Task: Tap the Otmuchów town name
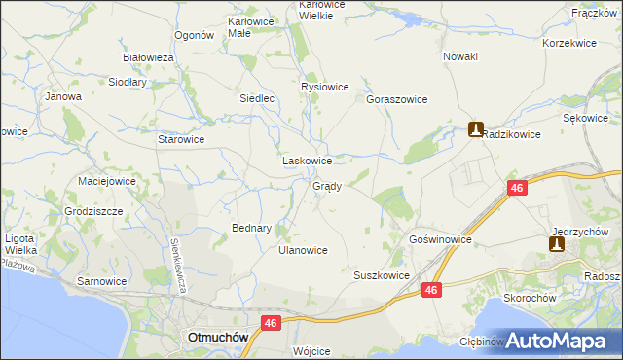pos(217,337)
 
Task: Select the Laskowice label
pos(308,161)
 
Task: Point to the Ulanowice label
pos(303,250)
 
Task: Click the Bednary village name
pos(250,228)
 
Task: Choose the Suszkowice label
pos(381,275)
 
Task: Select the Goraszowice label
pos(397,99)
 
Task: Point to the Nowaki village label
pos(460,56)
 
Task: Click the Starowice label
pos(181,139)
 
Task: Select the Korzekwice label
pos(569,44)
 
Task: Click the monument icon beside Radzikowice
pos(475,128)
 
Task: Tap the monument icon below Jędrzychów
pos(556,245)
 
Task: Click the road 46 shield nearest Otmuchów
pos(271,322)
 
